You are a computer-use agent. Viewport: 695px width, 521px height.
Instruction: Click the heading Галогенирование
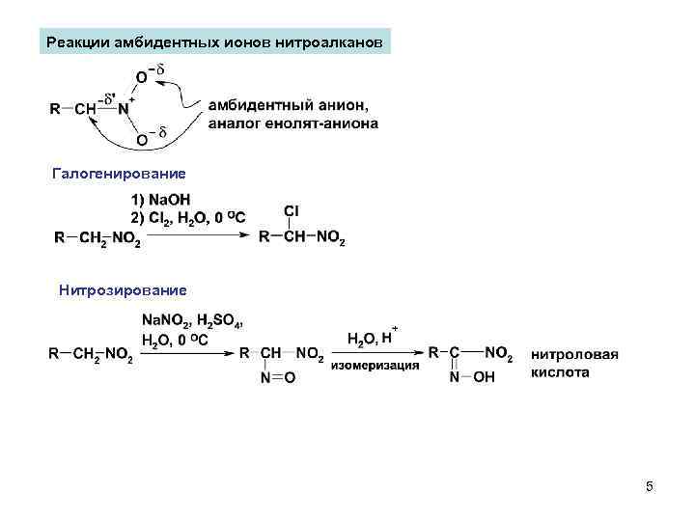point(119,173)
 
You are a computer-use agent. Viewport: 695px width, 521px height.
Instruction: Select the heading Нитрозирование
point(122,288)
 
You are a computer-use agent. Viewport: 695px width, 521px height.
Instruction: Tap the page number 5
point(650,487)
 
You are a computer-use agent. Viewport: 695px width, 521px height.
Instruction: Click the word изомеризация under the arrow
point(375,366)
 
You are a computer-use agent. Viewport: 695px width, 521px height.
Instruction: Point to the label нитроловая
point(574,354)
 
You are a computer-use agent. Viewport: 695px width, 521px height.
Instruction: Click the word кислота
point(560,371)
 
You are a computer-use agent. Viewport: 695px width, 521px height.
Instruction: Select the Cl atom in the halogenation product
point(292,210)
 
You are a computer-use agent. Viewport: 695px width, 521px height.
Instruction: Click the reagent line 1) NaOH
point(161,200)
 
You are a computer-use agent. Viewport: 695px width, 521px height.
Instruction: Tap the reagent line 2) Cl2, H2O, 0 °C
point(187,217)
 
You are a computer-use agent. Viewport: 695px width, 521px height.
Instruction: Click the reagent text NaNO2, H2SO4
point(193,321)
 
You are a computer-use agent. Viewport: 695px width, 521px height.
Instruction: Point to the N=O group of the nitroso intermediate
point(278,378)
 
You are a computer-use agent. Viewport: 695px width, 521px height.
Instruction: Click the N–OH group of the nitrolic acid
point(472,378)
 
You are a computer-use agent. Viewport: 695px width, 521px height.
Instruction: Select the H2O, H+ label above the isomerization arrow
point(372,338)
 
